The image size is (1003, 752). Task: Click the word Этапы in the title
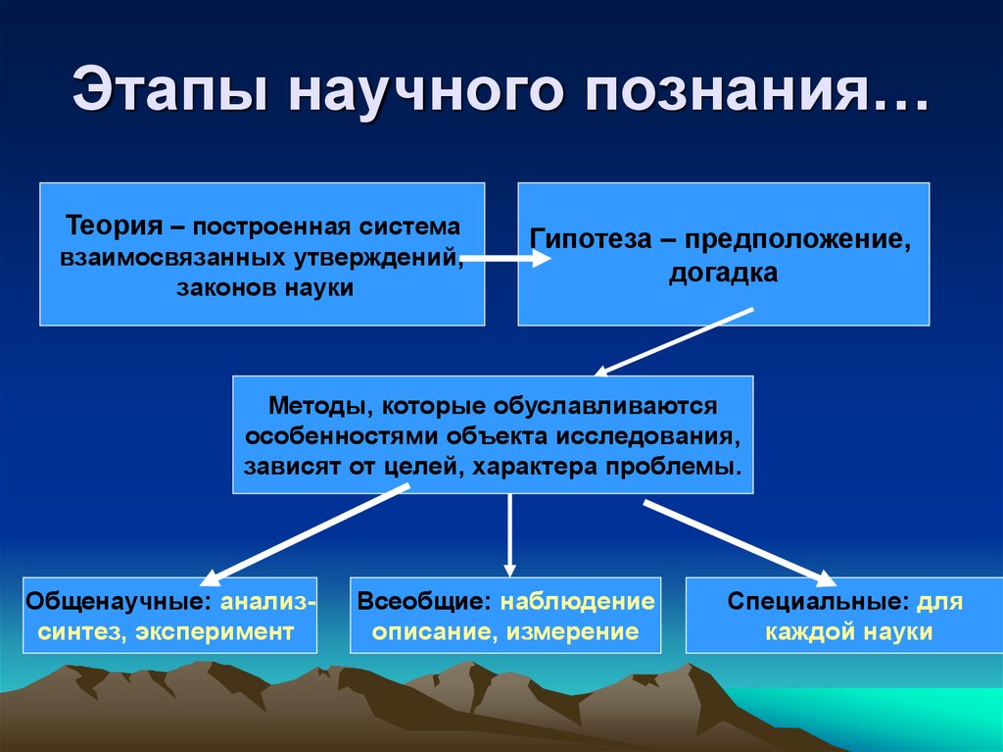coord(168,89)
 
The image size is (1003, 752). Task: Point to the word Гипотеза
coord(591,239)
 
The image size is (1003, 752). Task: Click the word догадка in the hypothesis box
coord(724,273)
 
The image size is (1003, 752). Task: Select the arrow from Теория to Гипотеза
coord(505,258)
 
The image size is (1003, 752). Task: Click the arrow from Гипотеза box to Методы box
coord(674,342)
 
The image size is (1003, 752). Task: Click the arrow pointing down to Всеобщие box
coord(509,535)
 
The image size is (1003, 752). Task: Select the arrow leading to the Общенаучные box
coord(305,535)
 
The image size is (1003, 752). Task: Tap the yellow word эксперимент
coord(215,632)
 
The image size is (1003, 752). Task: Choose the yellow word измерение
coord(572,632)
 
